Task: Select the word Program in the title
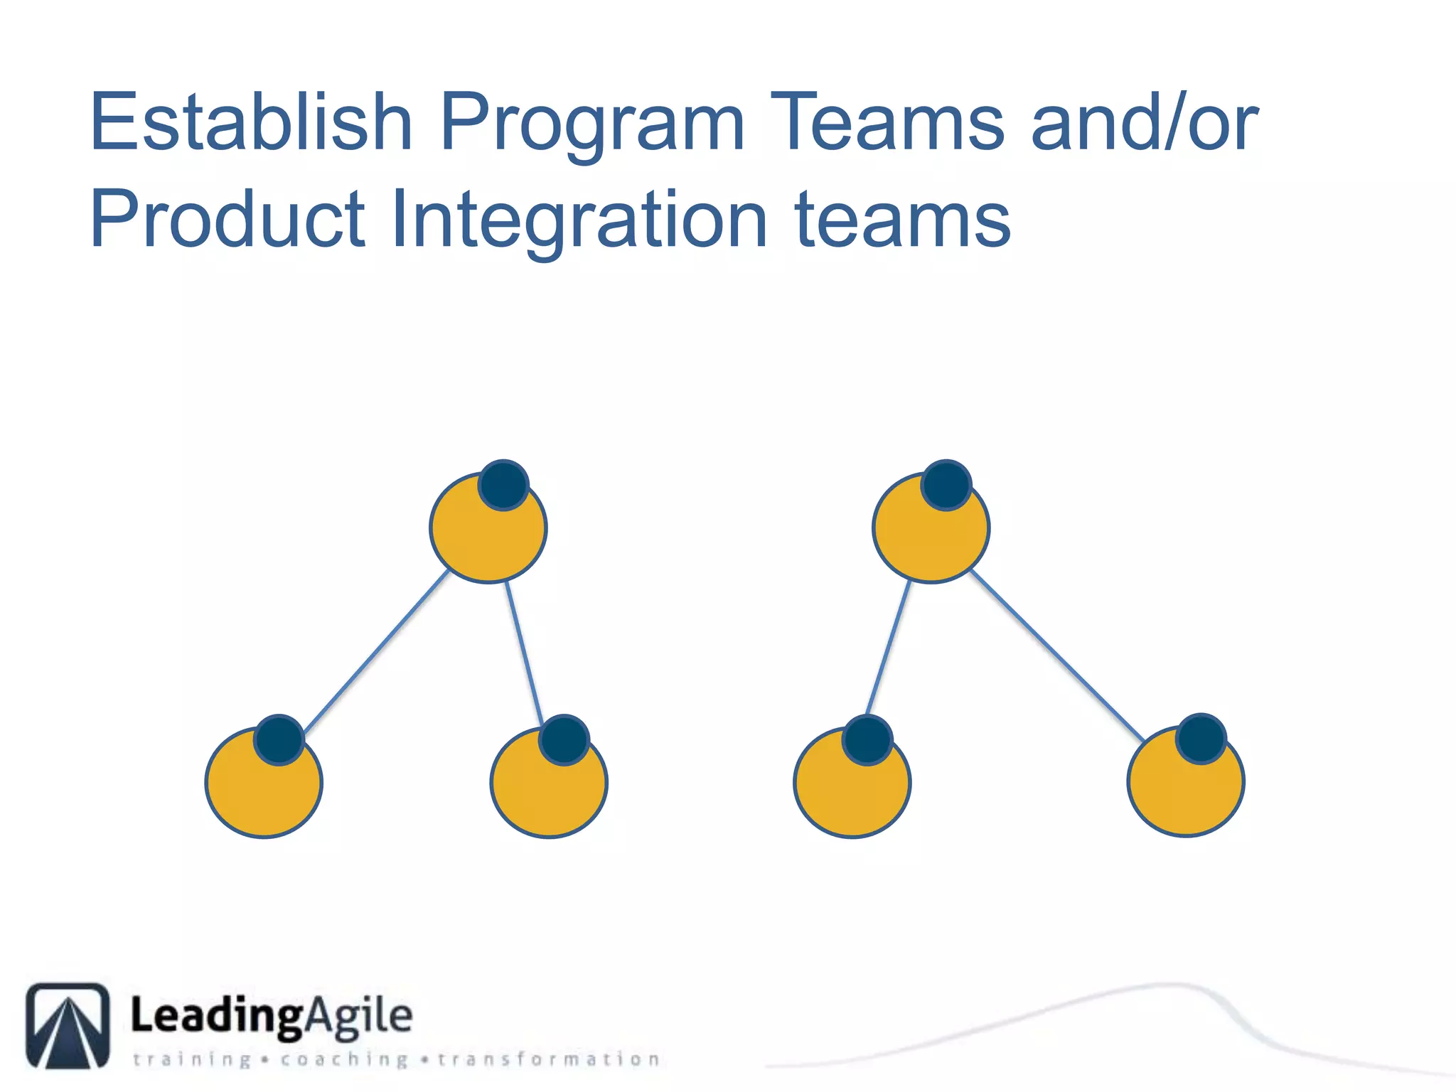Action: point(591,125)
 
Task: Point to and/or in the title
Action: point(1145,122)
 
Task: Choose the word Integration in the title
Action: point(579,222)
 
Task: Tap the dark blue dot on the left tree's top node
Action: point(503,485)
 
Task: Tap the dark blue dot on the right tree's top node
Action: point(946,485)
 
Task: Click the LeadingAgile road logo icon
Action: point(68,1025)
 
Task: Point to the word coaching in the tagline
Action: point(344,1060)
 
